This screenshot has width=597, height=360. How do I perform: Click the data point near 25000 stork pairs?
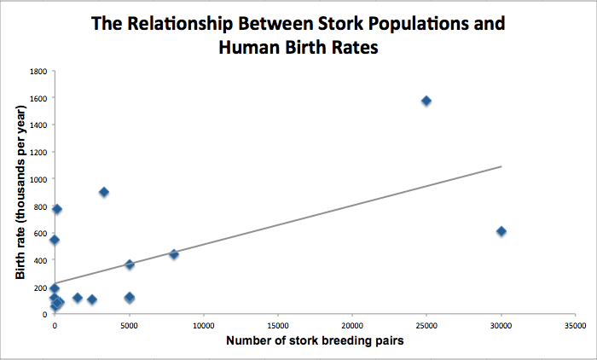coord(426,101)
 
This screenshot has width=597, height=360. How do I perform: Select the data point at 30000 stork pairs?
coord(501,231)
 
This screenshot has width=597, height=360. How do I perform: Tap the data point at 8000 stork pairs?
coord(174,254)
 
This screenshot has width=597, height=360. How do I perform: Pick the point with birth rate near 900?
coord(104,192)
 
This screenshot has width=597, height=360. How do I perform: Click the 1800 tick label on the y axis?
coord(38,71)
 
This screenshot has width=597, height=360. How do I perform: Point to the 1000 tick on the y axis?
coord(38,179)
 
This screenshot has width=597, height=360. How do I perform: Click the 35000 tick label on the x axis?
coord(575,326)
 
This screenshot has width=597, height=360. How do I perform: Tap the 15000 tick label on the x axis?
coord(278,326)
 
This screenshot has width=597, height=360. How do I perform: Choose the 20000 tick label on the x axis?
coord(352,326)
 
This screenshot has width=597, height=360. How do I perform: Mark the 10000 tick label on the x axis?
coord(203,326)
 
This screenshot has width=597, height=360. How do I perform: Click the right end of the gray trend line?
coord(501,166)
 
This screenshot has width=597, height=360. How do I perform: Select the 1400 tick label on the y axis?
coord(38,125)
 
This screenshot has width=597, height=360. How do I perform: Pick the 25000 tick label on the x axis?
coord(426,326)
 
